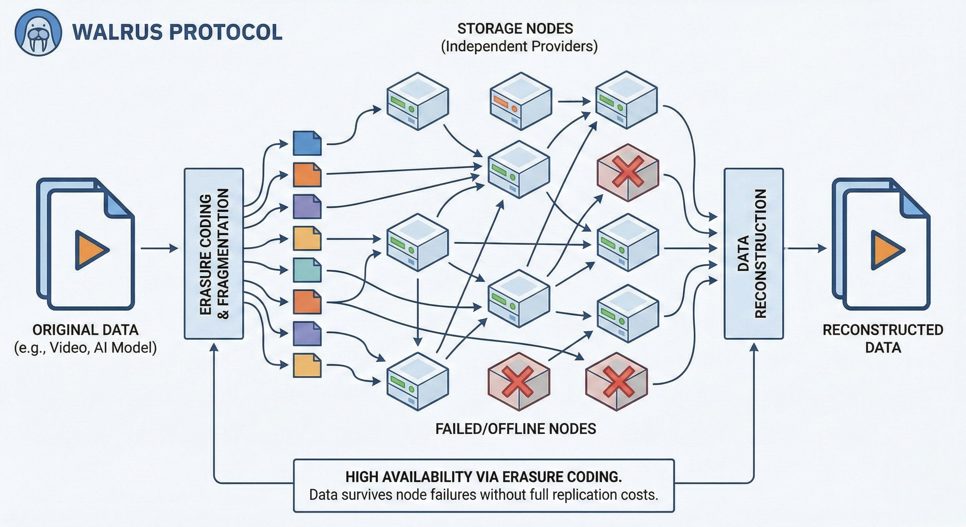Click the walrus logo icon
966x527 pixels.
pos(38,33)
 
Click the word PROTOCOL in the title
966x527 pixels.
pos(226,32)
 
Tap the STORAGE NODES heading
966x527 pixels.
pos(515,29)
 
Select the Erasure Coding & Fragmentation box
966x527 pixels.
pos(214,254)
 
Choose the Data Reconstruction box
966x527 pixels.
pos(753,254)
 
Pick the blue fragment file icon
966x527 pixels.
pos(307,143)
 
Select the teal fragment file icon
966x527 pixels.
pos(307,270)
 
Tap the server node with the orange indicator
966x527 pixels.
pos(520,101)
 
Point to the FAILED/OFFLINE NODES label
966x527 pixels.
pos(516,429)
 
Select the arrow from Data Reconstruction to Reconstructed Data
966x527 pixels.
pos(806,248)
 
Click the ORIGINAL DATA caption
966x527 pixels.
pos(85,330)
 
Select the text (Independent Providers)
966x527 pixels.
pos(519,47)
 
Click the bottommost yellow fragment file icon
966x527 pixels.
pos(307,365)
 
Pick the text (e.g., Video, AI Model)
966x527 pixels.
pos(85,348)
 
